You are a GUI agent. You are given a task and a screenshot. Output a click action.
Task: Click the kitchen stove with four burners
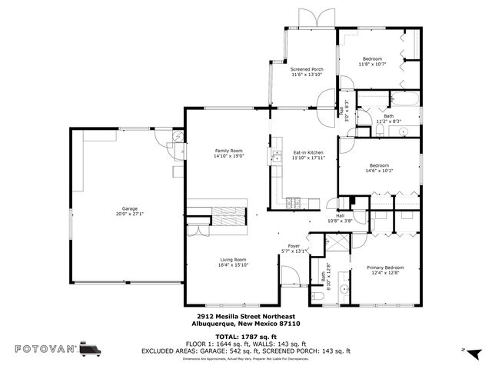(x=293, y=204)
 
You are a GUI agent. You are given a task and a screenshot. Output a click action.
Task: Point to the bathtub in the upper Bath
(x=404, y=100)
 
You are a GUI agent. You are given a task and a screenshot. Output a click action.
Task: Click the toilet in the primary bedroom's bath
(x=318, y=293)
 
